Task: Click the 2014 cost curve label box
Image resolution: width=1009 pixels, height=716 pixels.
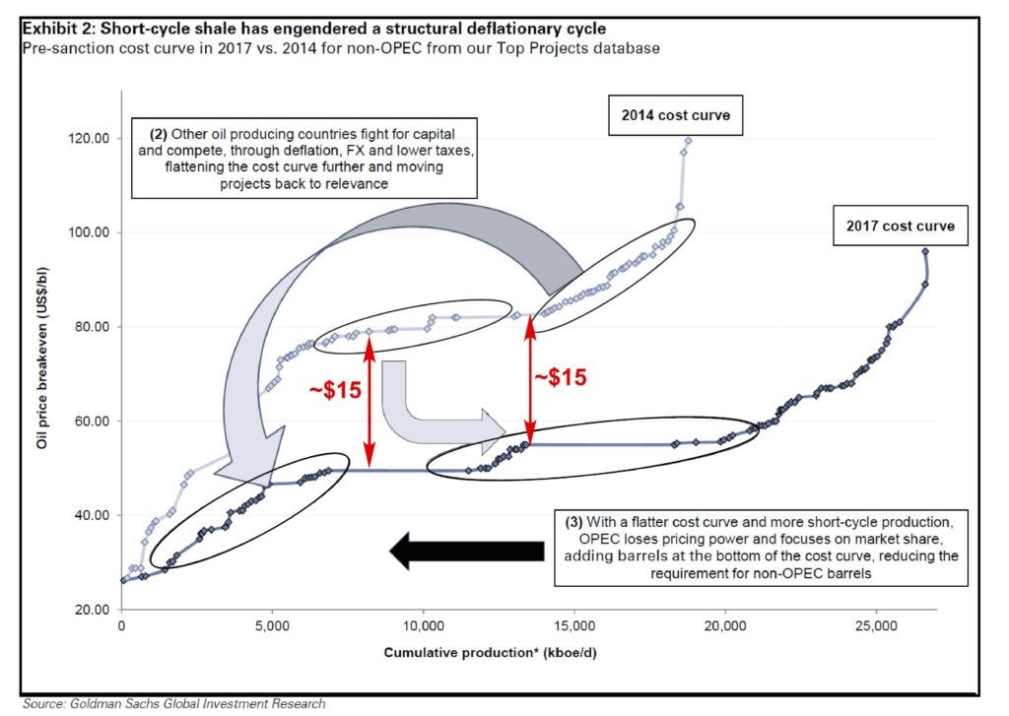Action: [676, 115]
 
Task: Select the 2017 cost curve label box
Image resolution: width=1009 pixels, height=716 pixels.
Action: [901, 226]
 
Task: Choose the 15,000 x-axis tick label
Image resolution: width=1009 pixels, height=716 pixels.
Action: [574, 626]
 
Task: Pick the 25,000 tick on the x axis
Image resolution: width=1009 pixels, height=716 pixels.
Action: [876, 626]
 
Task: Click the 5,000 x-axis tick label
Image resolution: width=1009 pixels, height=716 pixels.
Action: [272, 626]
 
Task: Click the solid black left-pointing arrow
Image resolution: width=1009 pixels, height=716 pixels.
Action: [467, 552]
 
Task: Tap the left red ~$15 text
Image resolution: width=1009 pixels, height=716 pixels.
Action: [335, 390]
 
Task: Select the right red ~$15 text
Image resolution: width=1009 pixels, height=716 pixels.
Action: [561, 377]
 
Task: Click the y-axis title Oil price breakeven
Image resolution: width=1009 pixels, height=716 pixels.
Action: [41, 358]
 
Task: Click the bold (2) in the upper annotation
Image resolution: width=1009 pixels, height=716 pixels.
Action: [159, 135]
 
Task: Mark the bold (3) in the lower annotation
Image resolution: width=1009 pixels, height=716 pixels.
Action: [574, 522]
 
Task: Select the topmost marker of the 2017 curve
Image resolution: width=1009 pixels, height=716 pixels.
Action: [925, 251]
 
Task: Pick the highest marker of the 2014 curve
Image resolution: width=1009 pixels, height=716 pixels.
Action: [688, 140]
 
